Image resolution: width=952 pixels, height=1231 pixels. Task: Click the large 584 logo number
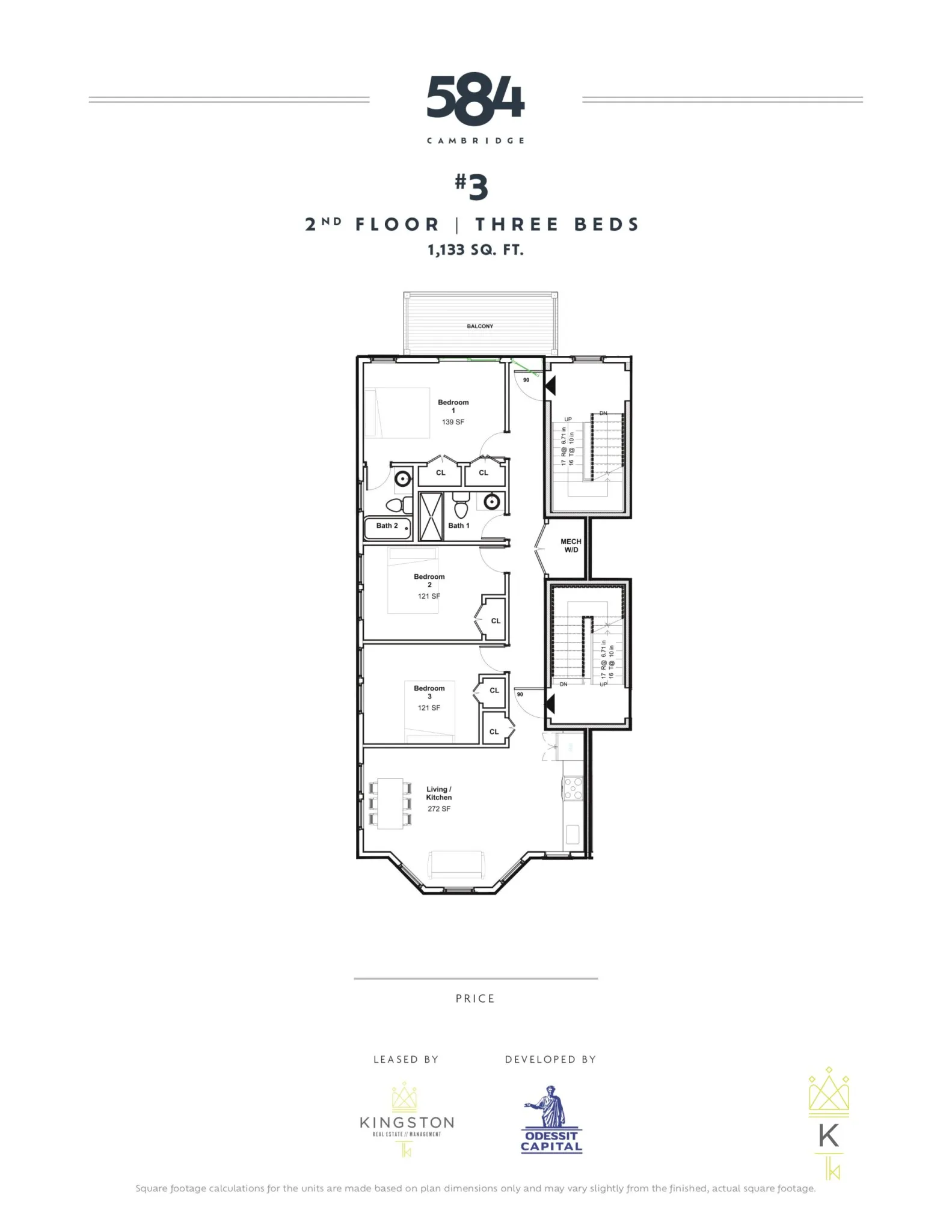[475, 100]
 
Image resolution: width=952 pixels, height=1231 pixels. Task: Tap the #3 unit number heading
[471, 186]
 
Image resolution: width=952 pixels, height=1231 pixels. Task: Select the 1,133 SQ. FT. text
[475, 250]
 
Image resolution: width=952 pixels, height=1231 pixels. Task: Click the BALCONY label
[480, 326]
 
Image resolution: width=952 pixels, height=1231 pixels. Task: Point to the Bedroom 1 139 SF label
[453, 412]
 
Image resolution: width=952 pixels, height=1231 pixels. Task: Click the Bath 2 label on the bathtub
[387, 526]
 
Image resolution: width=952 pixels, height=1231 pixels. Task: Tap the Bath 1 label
[458, 526]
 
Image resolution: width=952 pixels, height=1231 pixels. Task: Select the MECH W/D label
[571, 546]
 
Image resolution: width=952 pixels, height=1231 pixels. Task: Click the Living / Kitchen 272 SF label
[439, 799]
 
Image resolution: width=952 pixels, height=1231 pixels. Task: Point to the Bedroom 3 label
[429, 692]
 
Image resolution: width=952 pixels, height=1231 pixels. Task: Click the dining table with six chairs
[390, 804]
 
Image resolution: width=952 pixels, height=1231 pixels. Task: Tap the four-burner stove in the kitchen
[573, 788]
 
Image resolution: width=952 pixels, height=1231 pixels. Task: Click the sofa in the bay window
[456, 865]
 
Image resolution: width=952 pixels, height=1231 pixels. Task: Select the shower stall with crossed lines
[431, 516]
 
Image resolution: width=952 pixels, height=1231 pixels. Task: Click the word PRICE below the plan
[475, 998]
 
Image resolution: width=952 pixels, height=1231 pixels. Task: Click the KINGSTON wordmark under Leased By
[407, 1123]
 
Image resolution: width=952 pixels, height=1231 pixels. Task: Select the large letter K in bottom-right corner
[829, 1136]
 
